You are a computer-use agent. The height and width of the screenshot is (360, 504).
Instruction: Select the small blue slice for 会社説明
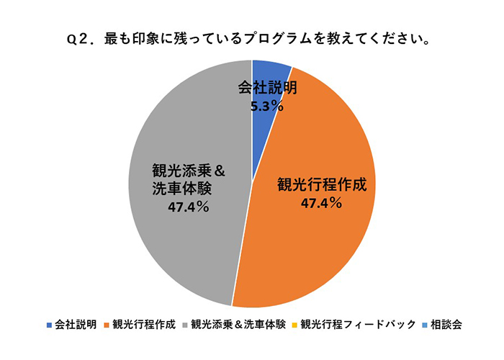point(271,71)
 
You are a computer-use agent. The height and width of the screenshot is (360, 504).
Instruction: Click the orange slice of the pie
point(324,238)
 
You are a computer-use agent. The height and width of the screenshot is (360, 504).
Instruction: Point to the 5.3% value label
point(266,107)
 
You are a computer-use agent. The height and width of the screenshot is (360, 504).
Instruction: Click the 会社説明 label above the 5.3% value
point(267,89)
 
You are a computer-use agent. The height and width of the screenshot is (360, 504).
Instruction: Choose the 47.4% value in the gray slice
point(188,207)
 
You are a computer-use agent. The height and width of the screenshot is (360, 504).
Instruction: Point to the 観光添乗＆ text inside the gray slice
point(189,171)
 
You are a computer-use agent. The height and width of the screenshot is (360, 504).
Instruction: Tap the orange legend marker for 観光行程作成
point(107,325)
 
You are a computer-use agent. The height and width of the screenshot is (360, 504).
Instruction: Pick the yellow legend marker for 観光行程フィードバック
point(295,325)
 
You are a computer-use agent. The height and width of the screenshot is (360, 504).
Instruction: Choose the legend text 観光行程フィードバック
point(358,325)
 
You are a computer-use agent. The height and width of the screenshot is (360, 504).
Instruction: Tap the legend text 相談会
point(444,325)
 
